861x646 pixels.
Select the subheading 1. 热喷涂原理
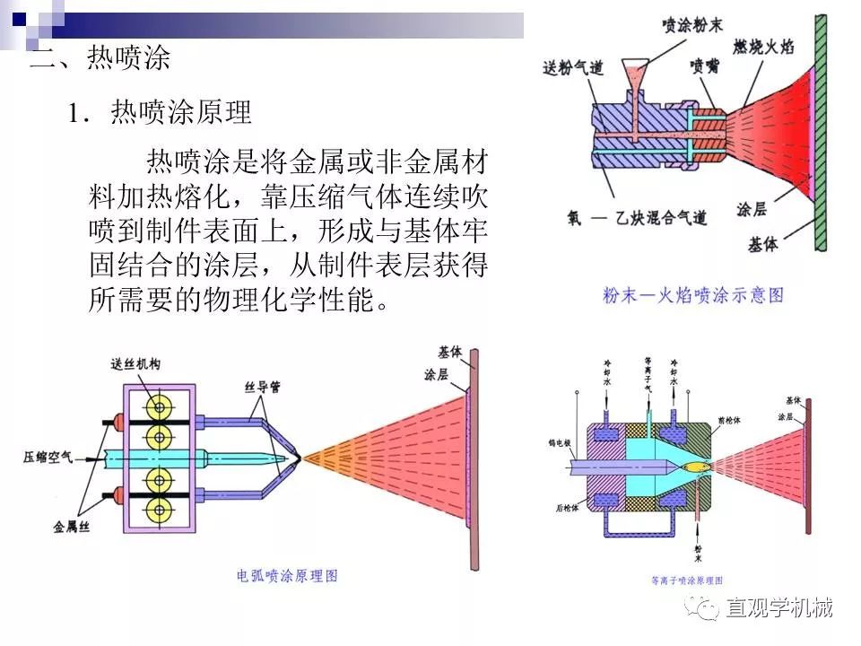click(161, 112)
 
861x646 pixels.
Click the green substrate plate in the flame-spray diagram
click(818, 135)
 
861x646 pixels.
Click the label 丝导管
click(263, 388)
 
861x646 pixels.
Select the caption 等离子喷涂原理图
click(687, 580)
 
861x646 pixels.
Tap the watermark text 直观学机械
click(778, 608)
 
